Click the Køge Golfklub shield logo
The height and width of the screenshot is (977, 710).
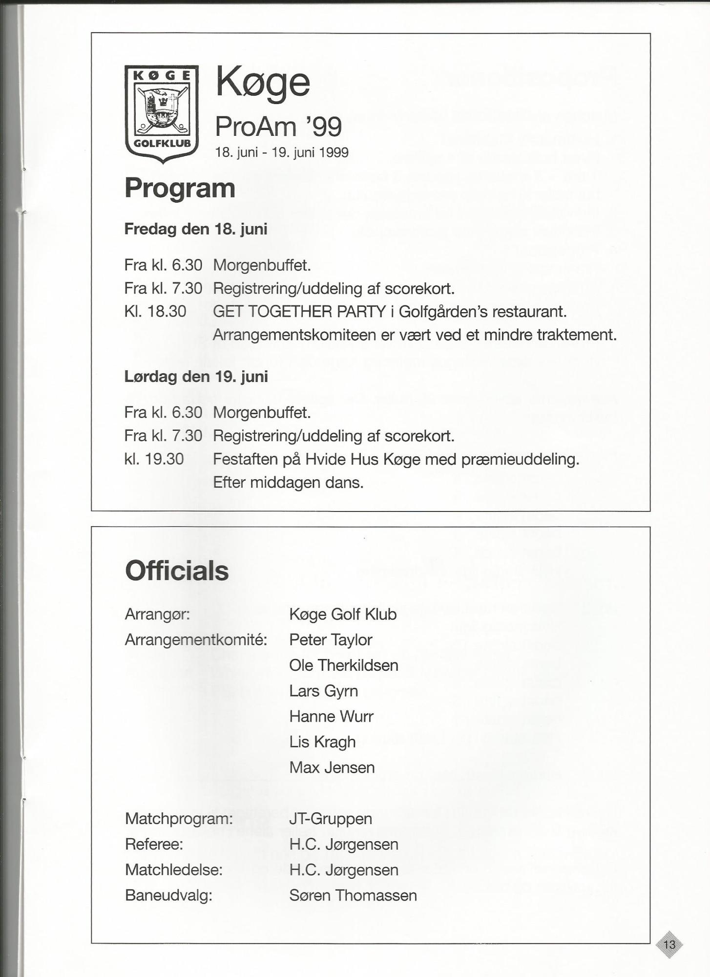pyautogui.click(x=161, y=113)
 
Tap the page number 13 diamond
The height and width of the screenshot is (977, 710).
pyautogui.click(x=669, y=944)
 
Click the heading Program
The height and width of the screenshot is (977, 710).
pyautogui.click(x=180, y=188)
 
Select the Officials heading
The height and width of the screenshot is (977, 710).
pyautogui.click(x=177, y=571)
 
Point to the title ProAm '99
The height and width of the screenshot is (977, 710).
pyautogui.click(x=278, y=127)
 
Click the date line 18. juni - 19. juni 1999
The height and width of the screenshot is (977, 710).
pyautogui.click(x=282, y=153)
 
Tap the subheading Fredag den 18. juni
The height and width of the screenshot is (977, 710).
pyautogui.click(x=196, y=229)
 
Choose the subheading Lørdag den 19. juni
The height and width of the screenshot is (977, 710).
pyautogui.click(x=196, y=377)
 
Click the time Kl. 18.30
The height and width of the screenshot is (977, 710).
pyautogui.click(x=155, y=312)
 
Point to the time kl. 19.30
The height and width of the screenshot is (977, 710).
pyautogui.click(x=154, y=459)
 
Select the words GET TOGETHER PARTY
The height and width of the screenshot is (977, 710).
pyautogui.click(x=299, y=312)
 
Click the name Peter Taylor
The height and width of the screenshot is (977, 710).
pyautogui.click(x=331, y=639)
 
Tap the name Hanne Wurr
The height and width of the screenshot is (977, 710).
pyautogui.click(x=331, y=716)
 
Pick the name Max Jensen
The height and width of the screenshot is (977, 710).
pyautogui.click(x=332, y=767)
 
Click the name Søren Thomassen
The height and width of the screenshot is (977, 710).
pyautogui.click(x=353, y=895)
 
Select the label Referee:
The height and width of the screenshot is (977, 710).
pyautogui.click(x=154, y=844)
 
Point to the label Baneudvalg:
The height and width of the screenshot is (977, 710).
pyautogui.click(x=168, y=895)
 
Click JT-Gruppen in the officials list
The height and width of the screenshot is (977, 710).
pyautogui.click(x=331, y=819)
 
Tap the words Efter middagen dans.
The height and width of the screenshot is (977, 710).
pyautogui.click(x=288, y=483)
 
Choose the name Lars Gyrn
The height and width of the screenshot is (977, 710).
pyautogui.click(x=323, y=691)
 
